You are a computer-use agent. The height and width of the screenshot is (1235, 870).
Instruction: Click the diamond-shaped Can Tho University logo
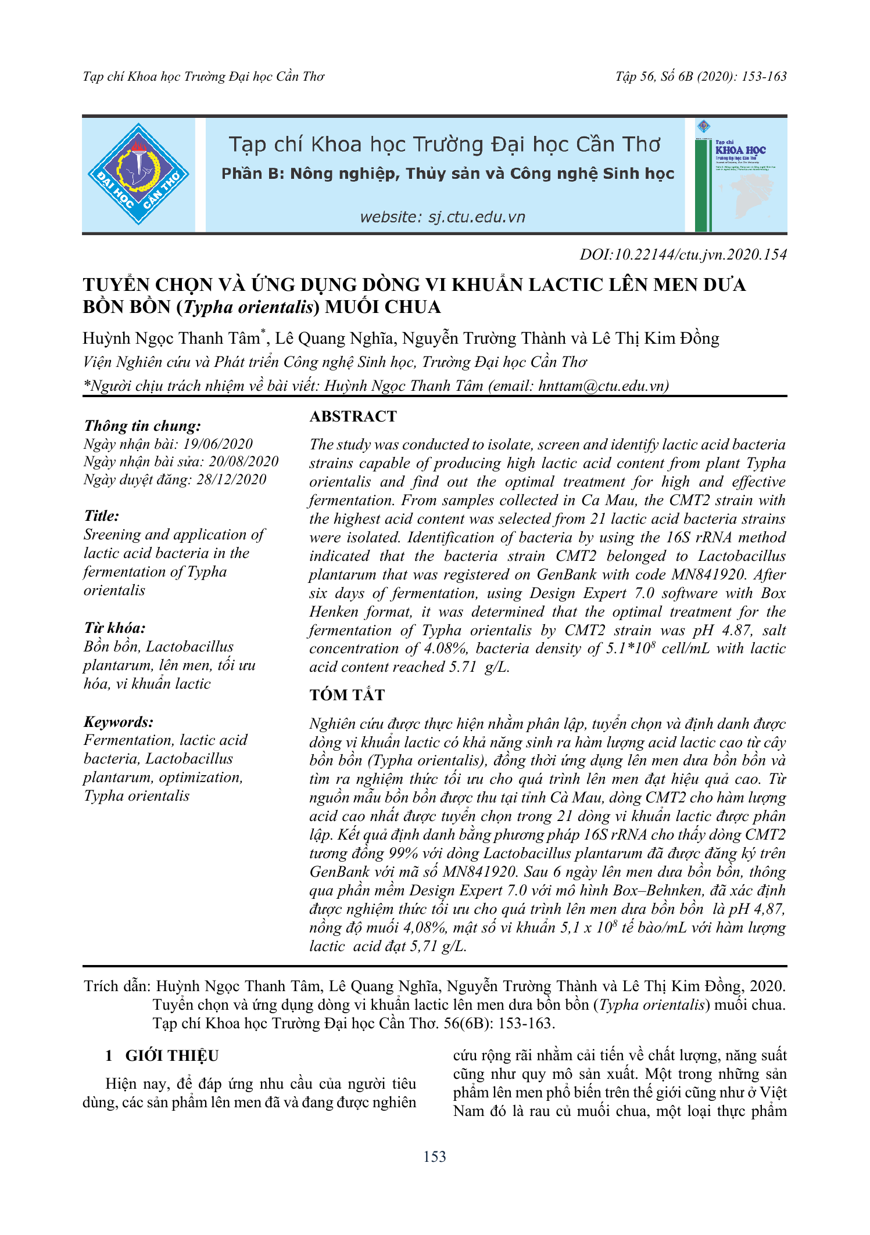pyautogui.click(x=138, y=174)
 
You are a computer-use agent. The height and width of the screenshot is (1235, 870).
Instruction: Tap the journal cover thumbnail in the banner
pyautogui.click(x=740, y=175)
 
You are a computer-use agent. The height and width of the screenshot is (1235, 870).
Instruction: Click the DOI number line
pyautogui.click(x=683, y=255)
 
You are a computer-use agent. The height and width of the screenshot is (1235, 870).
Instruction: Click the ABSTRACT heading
pyautogui.click(x=353, y=416)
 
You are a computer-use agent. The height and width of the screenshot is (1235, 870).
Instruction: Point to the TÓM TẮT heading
pyautogui.click(x=347, y=695)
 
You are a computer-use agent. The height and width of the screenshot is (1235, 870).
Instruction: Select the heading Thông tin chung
pyautogui.click(x=142, y=426)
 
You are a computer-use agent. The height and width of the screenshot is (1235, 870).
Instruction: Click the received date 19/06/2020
pyautogui.click(x=218, y=444)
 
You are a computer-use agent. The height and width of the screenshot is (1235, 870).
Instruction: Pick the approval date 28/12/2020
pyautogui.click(x=231, y=480)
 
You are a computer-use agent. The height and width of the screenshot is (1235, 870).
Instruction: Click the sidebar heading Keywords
pyautogui.click(x=119, y=722)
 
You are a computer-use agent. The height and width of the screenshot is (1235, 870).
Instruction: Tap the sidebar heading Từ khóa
pyautogui.click(x=114, y=628)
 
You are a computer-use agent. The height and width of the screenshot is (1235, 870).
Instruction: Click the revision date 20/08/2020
pyautogui.click(x=244, y=462)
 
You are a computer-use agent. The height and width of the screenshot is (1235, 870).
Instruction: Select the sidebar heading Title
pyautogui.click(x=102, y=516)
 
